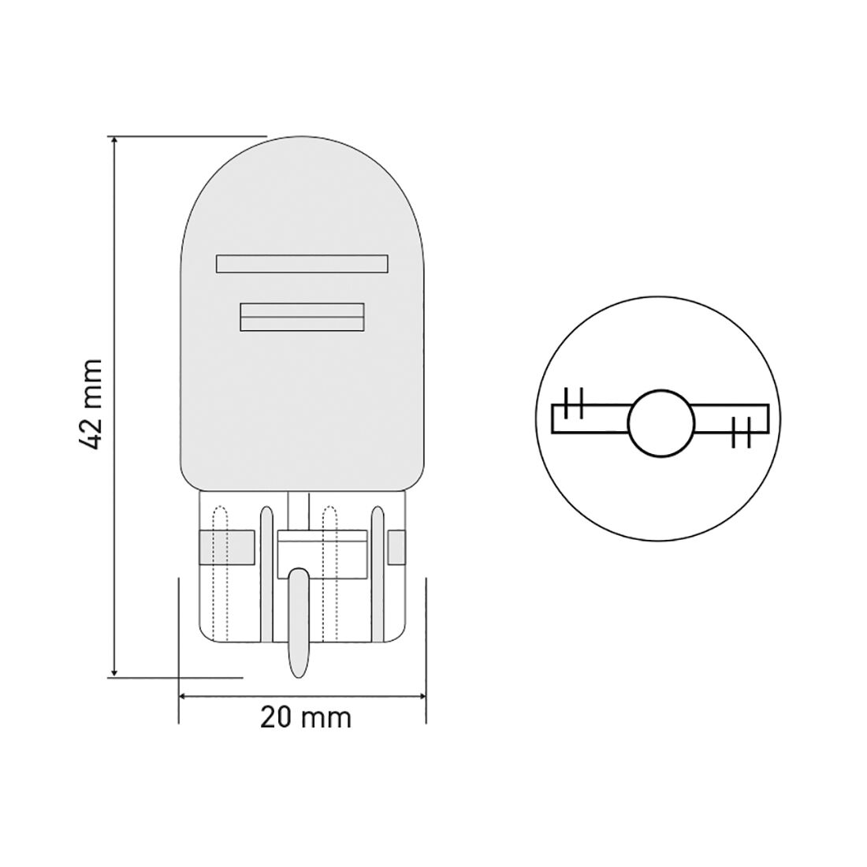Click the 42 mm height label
(92, 403)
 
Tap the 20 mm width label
(306, 717)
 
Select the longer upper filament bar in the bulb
(302, 263)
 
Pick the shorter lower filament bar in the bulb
(303, 317)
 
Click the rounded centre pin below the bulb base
(299, 623)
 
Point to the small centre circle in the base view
(662, 423)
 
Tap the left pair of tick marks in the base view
(574, 403)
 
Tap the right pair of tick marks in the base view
(740, 433)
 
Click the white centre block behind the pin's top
(323, 545)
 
